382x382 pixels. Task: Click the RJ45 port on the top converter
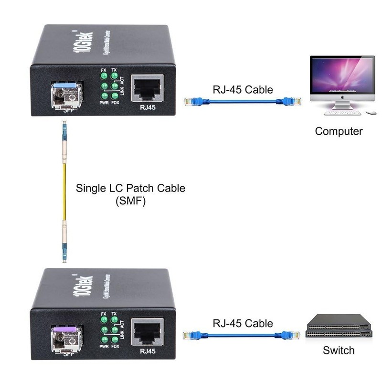pyautogui.click(x=148, y=89)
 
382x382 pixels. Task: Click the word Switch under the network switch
pyautogui.click(x=339, y=350)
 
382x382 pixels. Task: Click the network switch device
pyautogui.click(x=339, y=326)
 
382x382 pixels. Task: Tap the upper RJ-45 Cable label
pyautogui.click(x=243, y=89)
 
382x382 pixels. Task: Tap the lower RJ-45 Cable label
pyautogui.click(x=243, y=323)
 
